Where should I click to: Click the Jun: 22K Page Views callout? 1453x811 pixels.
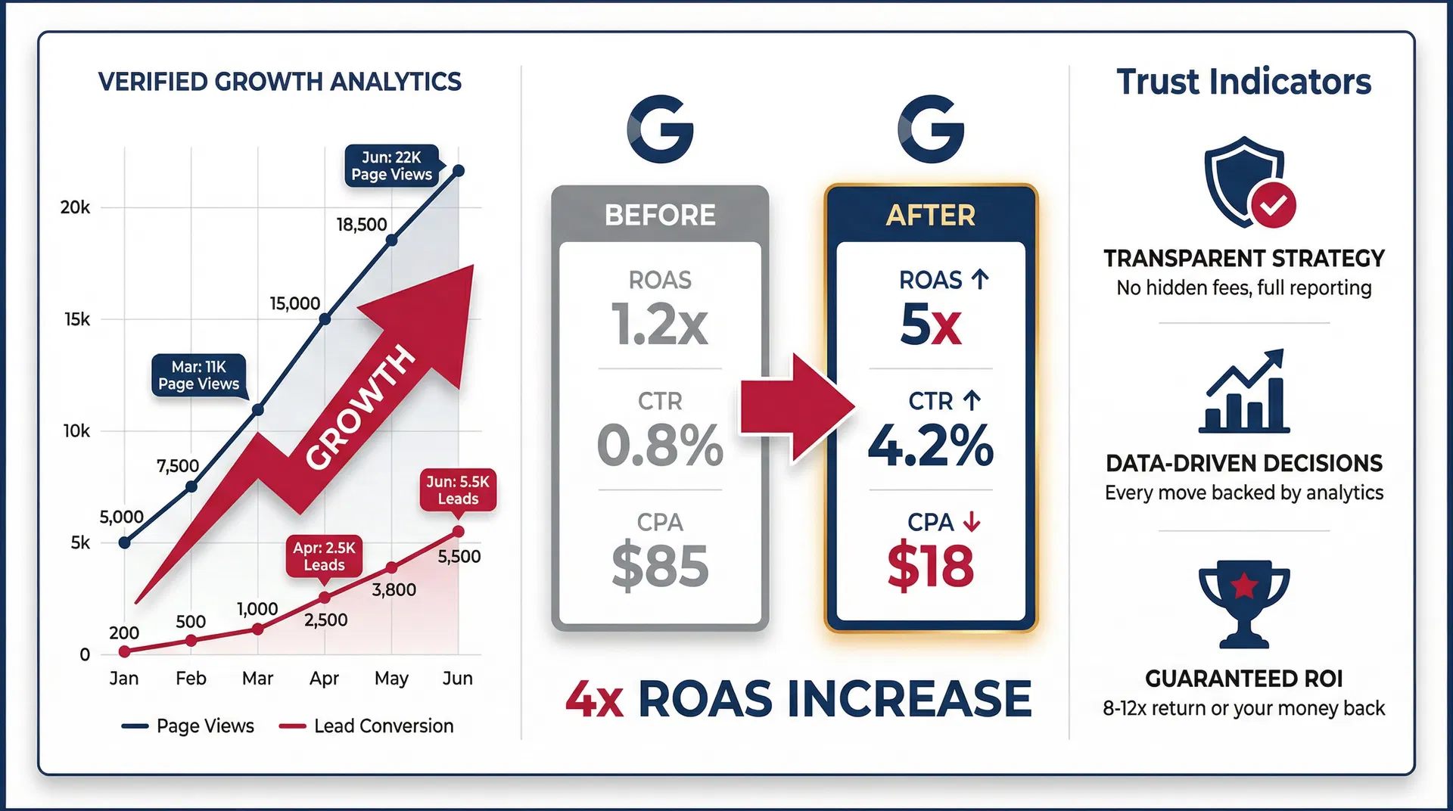[x=391, y=166]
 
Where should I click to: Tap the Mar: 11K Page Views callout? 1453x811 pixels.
[x=198, y=375]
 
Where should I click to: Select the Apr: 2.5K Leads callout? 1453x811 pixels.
[x=324, y=556]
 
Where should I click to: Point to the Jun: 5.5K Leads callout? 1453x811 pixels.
[x=458, y=489]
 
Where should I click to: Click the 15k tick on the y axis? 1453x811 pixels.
[x=76, y=319]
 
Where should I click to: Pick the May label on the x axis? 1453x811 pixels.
[x=391, y=678]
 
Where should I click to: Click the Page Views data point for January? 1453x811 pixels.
[x=125, y=542]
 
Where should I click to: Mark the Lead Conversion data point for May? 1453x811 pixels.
[x=391, y=567]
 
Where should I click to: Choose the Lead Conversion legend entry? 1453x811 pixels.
[x=367, y=726]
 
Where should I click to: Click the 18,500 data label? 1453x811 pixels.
[x=362, y=224]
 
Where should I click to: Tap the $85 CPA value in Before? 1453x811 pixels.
[x=660, y=566]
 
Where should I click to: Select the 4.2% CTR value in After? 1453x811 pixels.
[x=930, y=446]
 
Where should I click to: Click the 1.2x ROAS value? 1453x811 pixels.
[x=659, y=325]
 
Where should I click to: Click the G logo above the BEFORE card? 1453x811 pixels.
[x=660, y=129]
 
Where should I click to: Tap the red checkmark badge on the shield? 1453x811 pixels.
[x=1273, y=204]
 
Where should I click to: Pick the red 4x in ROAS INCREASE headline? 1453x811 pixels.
[x=594, y=699]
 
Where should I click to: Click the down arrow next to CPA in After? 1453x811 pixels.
[x=972, y=521]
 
